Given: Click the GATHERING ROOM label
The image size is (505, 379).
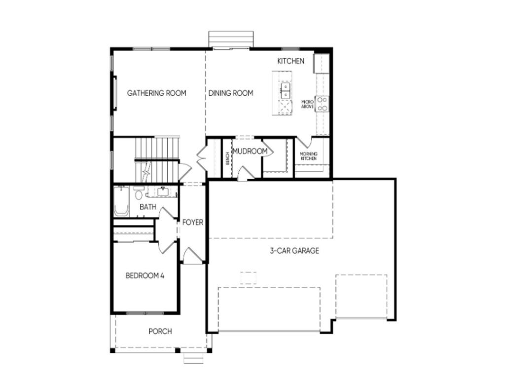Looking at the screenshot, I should [x=156, y=93].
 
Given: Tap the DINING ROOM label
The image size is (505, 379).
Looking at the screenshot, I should [x=230, y=93].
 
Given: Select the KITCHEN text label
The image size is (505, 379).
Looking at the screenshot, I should [x=290, y=61].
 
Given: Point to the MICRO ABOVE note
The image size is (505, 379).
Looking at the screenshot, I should [x=307, y=104].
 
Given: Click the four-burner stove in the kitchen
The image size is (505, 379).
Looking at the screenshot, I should [x=322, y=104].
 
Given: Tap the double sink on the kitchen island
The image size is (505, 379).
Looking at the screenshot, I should [x=286, y=91].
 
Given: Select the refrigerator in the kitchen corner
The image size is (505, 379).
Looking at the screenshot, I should [x=322, y=63].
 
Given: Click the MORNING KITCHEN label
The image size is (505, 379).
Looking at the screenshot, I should [x=309, y=156].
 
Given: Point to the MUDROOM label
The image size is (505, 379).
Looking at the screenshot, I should [x=250, y=151].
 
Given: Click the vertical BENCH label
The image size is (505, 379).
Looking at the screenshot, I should [x=227, y=158].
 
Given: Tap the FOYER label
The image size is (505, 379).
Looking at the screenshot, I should [x=192, y=223].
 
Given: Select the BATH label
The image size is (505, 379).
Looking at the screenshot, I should [x=147, y=207].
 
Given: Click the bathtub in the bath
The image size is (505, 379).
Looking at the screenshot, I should [x=121, y=200].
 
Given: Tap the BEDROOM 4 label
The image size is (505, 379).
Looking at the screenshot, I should [x=144, y=275].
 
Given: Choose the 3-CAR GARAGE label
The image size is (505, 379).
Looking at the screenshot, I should [x=294, y=250].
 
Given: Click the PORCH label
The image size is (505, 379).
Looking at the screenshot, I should [x=160, y=331].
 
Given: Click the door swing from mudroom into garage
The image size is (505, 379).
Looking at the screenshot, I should [x=246, y=173].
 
